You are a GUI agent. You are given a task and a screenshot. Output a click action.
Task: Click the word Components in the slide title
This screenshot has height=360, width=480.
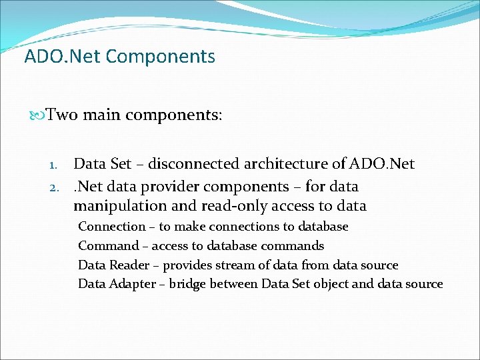pos(160,57)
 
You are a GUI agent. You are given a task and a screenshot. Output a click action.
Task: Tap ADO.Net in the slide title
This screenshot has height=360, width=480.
pos(62,57)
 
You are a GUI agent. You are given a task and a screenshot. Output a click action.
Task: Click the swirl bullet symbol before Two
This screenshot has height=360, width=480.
pos(38,115)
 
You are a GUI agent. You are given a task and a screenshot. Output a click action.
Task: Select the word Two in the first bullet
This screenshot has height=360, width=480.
pos(62,115)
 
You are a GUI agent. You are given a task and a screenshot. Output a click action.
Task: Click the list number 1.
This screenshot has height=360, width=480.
pos(56,165)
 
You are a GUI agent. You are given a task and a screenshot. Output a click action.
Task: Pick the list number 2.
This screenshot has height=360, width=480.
pos(56,187)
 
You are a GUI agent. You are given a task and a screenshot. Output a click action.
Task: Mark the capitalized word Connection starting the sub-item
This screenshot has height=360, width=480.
pos(111,227)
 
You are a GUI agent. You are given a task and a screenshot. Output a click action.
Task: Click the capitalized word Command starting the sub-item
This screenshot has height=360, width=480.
pos(109,246)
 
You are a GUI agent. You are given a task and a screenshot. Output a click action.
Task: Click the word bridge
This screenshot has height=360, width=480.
pos(187,284)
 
